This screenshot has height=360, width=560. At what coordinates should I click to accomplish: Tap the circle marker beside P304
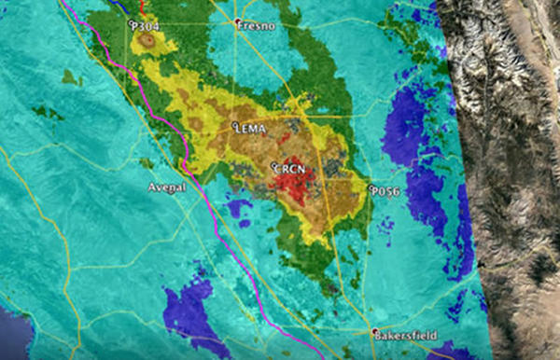(133, 25)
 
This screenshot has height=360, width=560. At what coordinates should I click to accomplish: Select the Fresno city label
(258, 26)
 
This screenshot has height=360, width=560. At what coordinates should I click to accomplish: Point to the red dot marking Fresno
(238, 22)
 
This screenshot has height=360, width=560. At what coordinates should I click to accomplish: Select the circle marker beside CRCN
(273, 167)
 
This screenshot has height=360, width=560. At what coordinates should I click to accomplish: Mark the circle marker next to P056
(371, 189)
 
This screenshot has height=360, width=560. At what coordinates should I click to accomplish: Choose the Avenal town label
(168, 187)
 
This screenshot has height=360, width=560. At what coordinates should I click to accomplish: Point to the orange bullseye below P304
(147, 42)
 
